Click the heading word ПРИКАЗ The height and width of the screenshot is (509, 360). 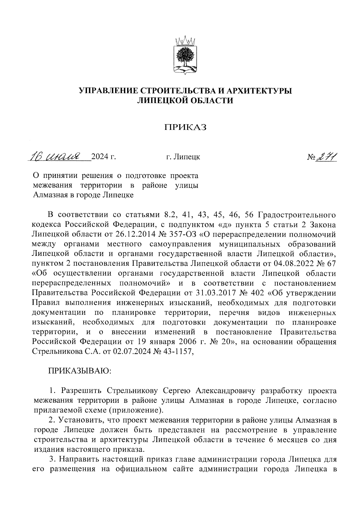185,128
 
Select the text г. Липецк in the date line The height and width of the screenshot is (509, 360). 183,157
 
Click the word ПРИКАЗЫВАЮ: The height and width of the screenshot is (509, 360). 80,371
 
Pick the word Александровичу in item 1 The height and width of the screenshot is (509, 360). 225,391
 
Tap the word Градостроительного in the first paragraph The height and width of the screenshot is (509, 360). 297,215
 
